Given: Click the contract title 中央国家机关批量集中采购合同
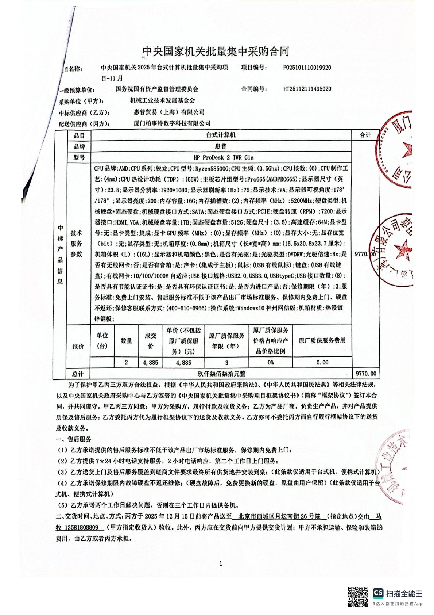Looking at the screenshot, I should point(216,51).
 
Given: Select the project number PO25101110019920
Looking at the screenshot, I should point(307,68).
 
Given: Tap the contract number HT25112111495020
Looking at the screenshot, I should point(307,89).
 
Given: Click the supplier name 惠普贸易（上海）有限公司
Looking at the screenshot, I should point(167,112).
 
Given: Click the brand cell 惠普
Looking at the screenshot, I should point(221,146).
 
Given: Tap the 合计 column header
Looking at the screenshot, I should point(365,135).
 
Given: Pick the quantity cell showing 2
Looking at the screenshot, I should point(126,363).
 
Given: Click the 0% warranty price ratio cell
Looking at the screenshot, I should point(270,363).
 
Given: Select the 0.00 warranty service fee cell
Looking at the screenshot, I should point(322,363).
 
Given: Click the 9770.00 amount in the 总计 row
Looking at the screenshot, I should point(365,374).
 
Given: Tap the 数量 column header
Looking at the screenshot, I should point(127,341).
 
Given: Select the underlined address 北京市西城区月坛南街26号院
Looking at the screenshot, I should point(279,517).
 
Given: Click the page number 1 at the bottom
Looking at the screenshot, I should point(221,564).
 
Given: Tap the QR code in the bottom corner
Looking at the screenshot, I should point(358,596).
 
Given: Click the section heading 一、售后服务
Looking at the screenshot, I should point(73,439).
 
